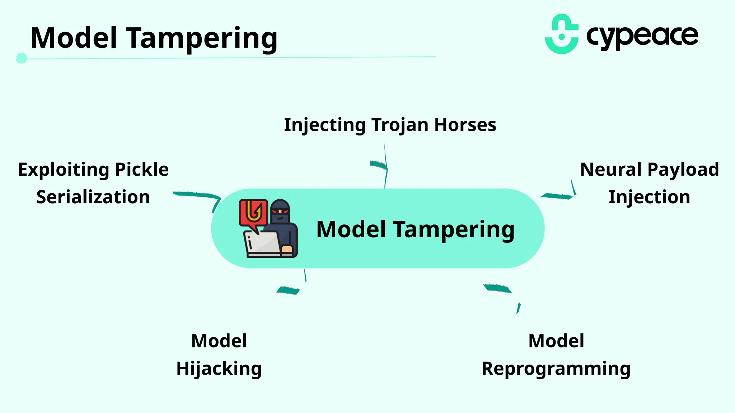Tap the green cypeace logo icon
click(562, 34)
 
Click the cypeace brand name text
click(642, 36)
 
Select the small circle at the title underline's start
click(22, 58)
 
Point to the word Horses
click(465, 125)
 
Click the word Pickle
click(142, 169)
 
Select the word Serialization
click(93, 197)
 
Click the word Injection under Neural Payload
click(649, 197)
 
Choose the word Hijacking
click(219, 369)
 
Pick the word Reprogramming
click(556, 369)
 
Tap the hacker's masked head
click(280, 211)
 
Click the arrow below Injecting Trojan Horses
click(383, 167)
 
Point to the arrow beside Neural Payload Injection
click(560, 194)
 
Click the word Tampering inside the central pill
click(454, 229)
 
